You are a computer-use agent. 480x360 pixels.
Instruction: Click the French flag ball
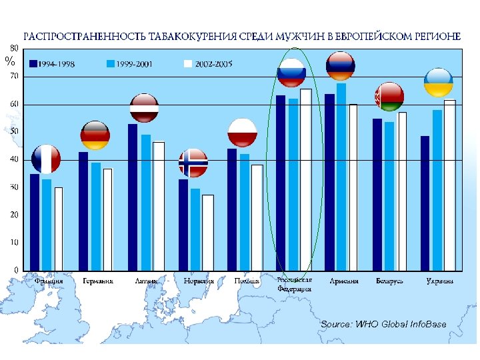45,159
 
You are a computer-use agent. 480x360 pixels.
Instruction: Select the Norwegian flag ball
193,163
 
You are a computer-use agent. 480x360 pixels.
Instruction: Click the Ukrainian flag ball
439,82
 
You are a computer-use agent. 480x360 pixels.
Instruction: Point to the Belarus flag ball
389,97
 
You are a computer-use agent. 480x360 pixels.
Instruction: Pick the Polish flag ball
242,132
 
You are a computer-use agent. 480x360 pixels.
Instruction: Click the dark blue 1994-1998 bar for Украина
425,203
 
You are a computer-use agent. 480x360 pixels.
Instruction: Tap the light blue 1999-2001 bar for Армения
341,177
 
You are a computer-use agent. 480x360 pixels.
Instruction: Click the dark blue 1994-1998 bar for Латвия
133,197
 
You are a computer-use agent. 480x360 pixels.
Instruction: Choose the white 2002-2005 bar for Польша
257,217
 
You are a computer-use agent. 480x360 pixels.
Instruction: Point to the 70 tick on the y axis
14,77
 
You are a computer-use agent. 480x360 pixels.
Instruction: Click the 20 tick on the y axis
14,215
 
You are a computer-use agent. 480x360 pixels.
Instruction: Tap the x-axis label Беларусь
390,281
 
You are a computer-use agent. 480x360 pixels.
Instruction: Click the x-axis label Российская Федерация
294,285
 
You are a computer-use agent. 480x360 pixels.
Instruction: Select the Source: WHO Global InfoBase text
383,324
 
